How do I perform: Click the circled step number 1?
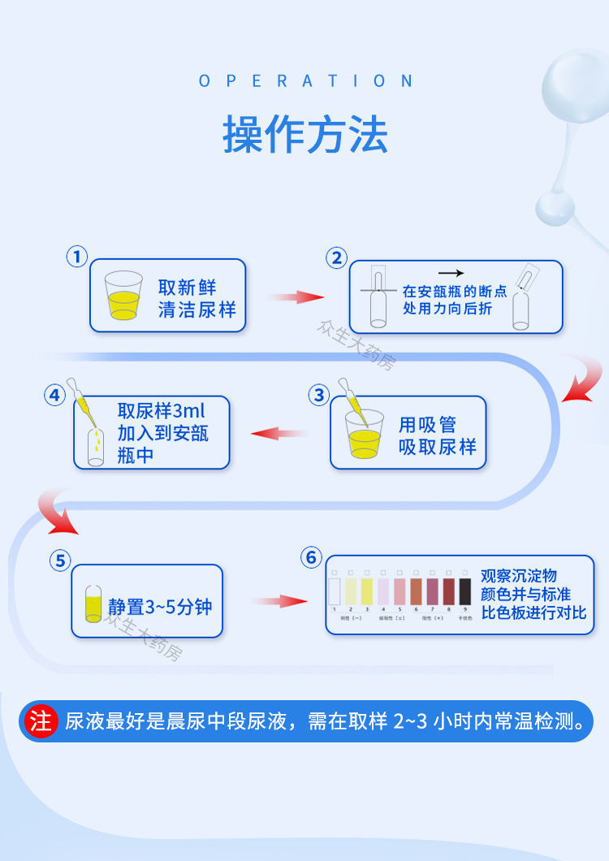76,257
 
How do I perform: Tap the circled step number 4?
54,396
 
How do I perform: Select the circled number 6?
311,557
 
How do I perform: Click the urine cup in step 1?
123,296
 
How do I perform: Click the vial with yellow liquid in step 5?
93,604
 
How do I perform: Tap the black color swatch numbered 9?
465,591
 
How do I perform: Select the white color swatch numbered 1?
334,591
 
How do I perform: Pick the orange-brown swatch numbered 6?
416,591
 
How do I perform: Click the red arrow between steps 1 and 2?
296,296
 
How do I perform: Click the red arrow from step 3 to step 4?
279,433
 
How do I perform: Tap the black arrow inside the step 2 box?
451,274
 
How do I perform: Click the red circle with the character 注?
41,721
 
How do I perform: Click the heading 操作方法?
304,135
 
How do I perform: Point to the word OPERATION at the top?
305,81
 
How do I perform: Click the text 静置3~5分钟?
160,606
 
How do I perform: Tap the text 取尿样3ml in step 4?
162,411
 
